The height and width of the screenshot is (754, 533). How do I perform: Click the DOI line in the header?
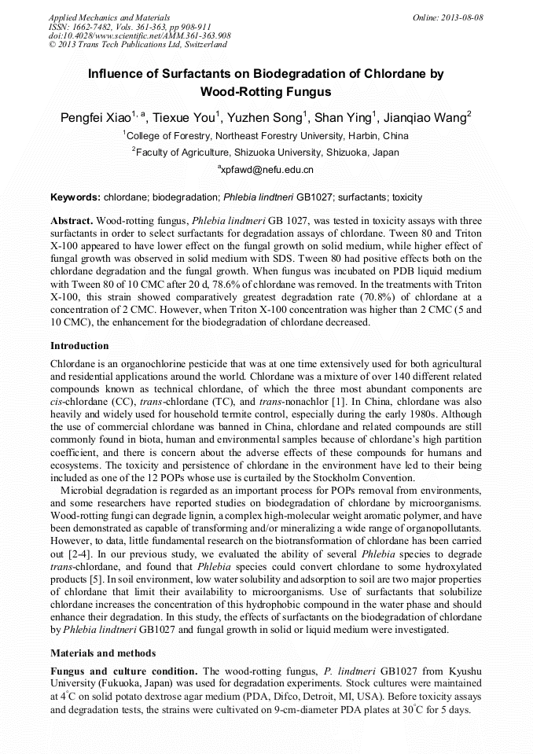[x=139, y=35]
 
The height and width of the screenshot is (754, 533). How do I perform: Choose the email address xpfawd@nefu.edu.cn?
[x=266, y=169]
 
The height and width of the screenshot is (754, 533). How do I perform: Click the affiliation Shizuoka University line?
[x=266, y=152]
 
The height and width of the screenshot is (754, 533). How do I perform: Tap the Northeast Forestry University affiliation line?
[x=266, y=135]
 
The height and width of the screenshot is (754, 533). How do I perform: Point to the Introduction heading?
[x=79, y=345]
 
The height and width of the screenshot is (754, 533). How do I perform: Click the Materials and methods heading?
[x=103, y=653]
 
